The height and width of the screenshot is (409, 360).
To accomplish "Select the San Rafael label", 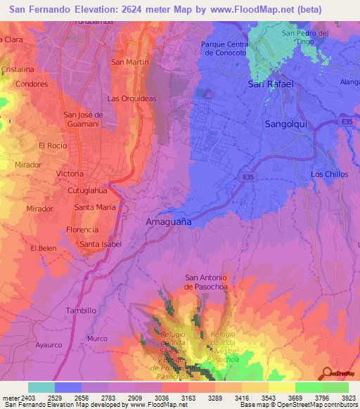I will point(270,84).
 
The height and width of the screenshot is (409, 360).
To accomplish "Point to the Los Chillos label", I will point(330,174).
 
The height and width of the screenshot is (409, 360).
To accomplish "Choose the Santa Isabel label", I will point(101,245).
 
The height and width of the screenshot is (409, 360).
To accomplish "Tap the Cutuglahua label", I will point(88,190).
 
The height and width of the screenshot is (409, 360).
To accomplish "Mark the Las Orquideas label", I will point(131,98).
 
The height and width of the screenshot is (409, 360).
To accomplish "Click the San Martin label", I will point(130,62).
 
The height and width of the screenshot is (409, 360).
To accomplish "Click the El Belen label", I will point(43,248).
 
